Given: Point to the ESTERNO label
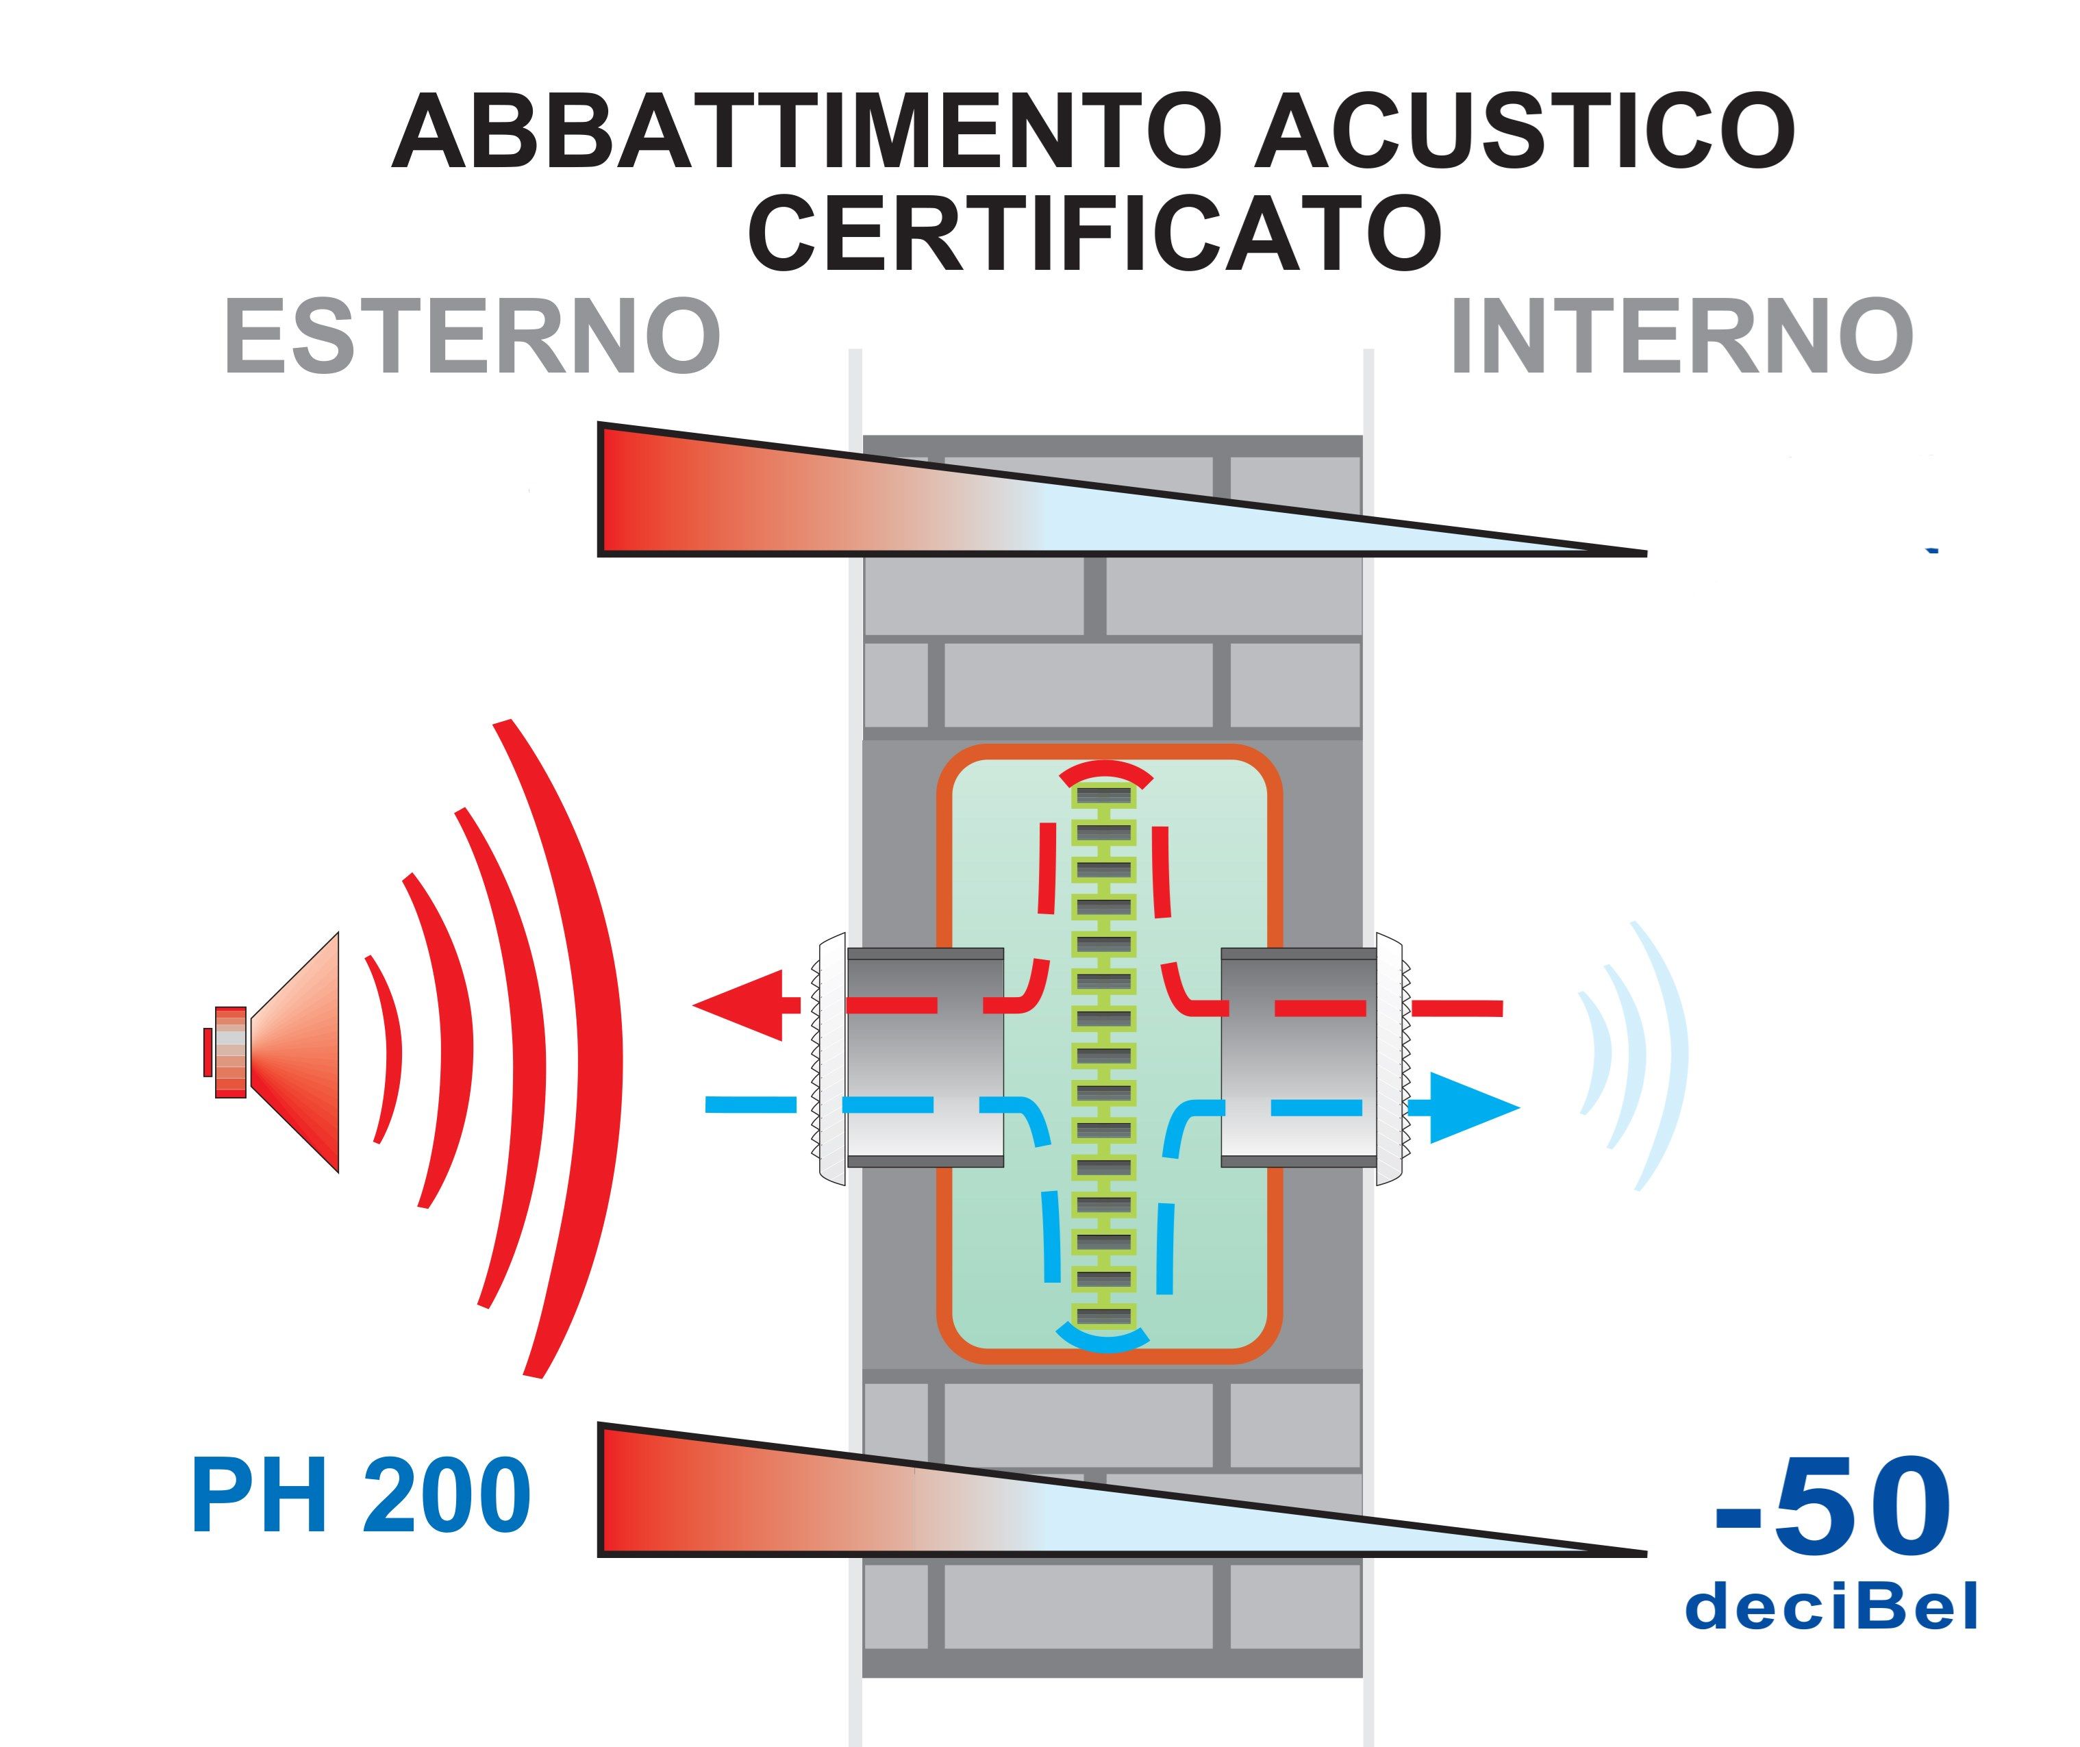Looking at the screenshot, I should pyautogui.click(x=473, y=337).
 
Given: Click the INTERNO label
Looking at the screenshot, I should pyautogui.click(x=1681, y=337).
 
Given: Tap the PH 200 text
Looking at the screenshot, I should pyautogui.click(x=360, y=1496).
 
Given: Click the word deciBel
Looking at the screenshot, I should pyautogui.click(x=1831, y=1607).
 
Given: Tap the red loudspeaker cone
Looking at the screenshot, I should pyautogui.click(x=297, y=1052).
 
